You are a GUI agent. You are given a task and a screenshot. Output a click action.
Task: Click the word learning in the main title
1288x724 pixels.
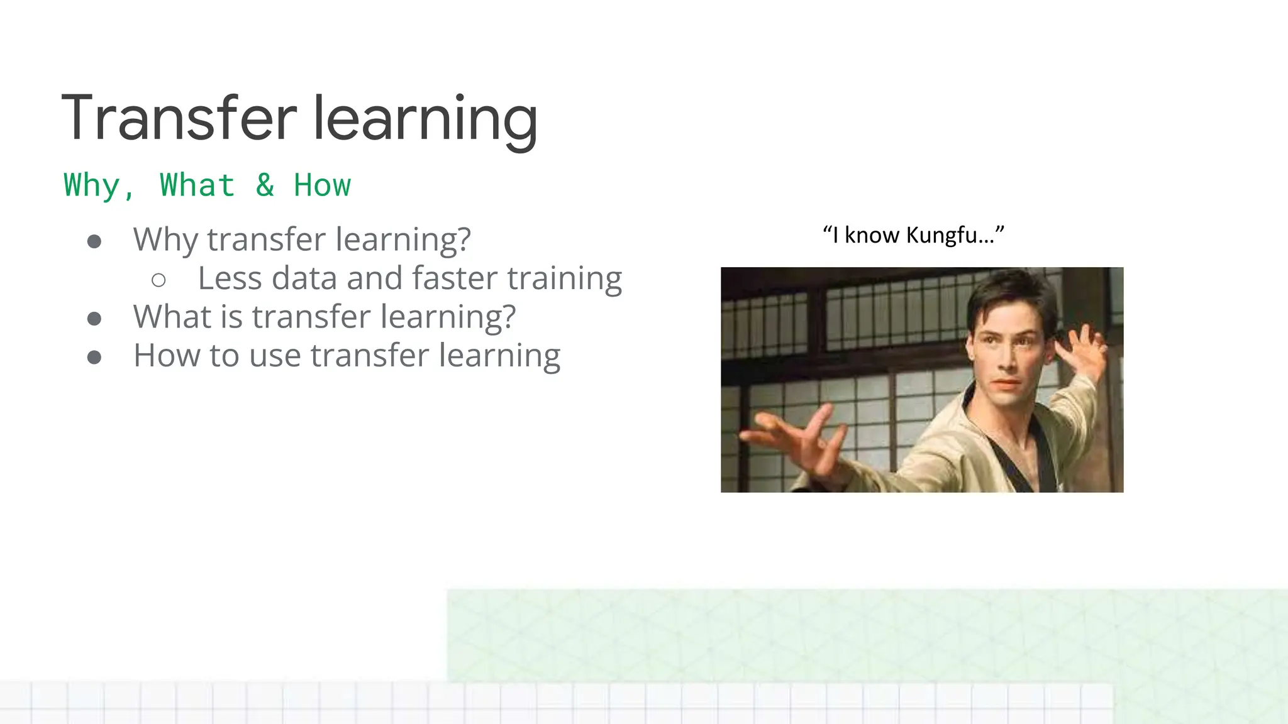coord(425,119)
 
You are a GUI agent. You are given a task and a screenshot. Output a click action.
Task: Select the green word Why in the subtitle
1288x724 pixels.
coord(92,186)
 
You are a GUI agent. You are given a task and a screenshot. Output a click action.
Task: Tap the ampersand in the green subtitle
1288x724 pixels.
coord(265,185)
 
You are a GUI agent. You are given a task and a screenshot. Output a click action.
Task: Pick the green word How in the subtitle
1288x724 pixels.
coord(322,185)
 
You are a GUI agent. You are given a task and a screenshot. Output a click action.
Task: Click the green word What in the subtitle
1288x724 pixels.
coord(197,185)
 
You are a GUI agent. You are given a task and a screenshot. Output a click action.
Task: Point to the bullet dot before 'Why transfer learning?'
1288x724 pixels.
coord(94,242)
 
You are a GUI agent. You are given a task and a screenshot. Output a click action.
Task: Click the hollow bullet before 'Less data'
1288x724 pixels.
coord(158,280)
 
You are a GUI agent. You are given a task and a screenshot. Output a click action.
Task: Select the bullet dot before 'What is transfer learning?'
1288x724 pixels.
coord(94,319)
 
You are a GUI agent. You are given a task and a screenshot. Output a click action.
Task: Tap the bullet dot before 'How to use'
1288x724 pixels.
coord(94,358)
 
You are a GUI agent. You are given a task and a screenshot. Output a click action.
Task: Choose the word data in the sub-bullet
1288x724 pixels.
coord(304,278)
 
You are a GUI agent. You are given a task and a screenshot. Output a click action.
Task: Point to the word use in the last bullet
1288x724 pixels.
coord(275,356)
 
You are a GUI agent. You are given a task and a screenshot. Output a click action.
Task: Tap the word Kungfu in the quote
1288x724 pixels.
coord(942,235)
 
